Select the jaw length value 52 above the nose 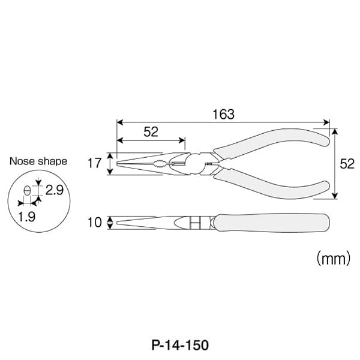pos(151,133)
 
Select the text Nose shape pos(38,161)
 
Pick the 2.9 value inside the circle pos(53,190)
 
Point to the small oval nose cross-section pos(26,191)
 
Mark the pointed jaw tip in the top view pos(120,163)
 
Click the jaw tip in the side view pos(120,223)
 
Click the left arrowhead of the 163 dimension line pos(119,122)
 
